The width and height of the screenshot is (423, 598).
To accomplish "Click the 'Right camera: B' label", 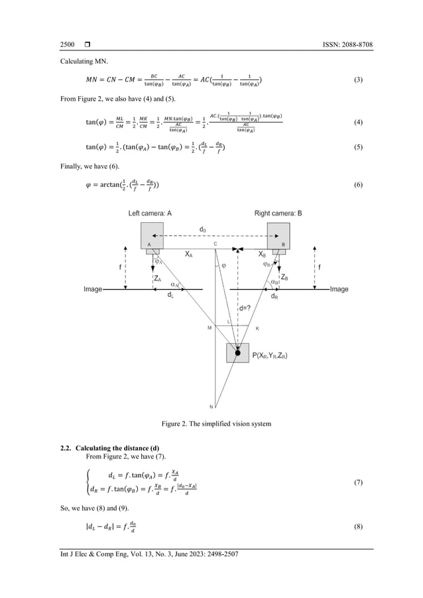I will pyautogui.click(x=278, y=213).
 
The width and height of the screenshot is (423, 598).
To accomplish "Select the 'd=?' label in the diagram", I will pyautogui.click(x=245, y=308).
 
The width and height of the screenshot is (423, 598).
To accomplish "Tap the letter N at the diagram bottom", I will pyautogui.click(x=211, y=406).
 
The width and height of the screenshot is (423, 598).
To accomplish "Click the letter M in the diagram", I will pyautogui.click(x=209, y=327).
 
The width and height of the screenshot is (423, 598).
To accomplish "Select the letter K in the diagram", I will pyautogui.click(x=257, y=328).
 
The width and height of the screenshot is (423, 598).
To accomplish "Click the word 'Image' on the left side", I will pyautogui.click(x=92, y=290).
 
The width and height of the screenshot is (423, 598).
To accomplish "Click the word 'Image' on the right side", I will pyautogui.click(x=339, y=290).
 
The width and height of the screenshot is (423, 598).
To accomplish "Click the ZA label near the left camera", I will pyautogui.click(x=157, y=278).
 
